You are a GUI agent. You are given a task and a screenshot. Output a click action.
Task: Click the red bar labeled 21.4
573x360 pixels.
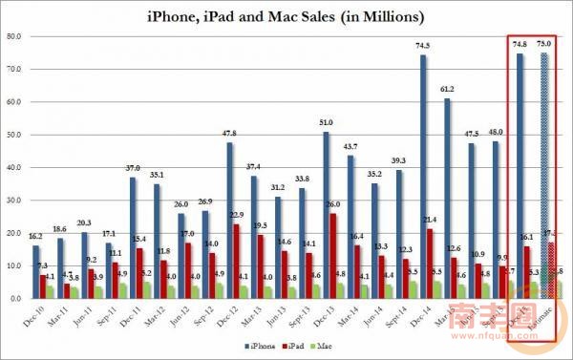click(432, 264)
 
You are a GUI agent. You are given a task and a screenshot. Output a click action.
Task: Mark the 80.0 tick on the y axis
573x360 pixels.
click(14, 37)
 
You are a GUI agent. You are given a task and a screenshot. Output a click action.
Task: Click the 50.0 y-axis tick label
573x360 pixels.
click(14, 136)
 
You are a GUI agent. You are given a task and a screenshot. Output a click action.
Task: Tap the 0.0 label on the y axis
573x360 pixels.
click(16, 299)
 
